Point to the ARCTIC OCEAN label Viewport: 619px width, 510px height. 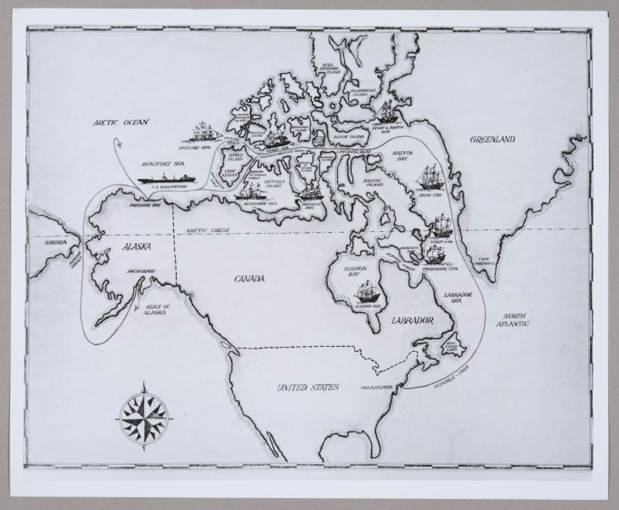tap(121, 122)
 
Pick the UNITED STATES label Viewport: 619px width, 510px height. tap(307, 388)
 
